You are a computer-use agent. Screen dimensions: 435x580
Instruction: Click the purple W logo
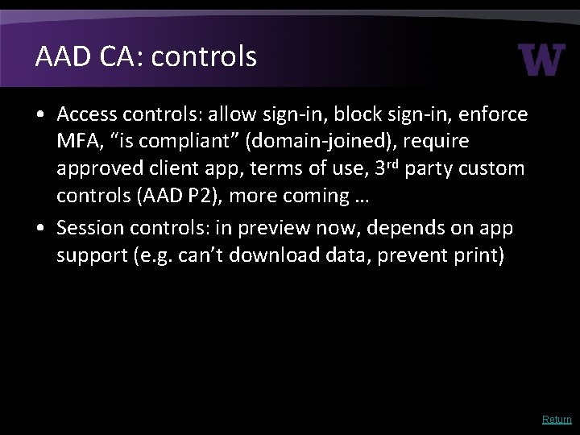[x=542, y=59]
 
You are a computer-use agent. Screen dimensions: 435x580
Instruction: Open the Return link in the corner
[x=557, y=419]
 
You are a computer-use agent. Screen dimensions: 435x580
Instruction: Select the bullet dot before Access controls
[x=40, y=116]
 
